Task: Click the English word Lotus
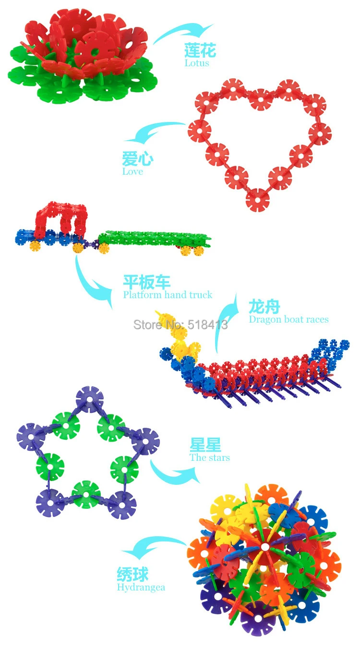point(197,63)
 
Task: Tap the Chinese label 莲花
point(200,50)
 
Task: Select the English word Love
point(132,171)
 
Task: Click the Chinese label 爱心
point(138,159)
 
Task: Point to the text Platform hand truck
point(168,295)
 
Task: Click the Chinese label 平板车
point(146,282)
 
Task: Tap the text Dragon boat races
point(288,319)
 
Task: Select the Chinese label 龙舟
point(264,306)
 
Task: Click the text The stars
point(210,457)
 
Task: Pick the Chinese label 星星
point(205,445)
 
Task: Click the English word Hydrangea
point(141,587)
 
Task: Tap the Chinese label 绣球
point(133,574)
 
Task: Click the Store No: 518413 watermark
point(180,325)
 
